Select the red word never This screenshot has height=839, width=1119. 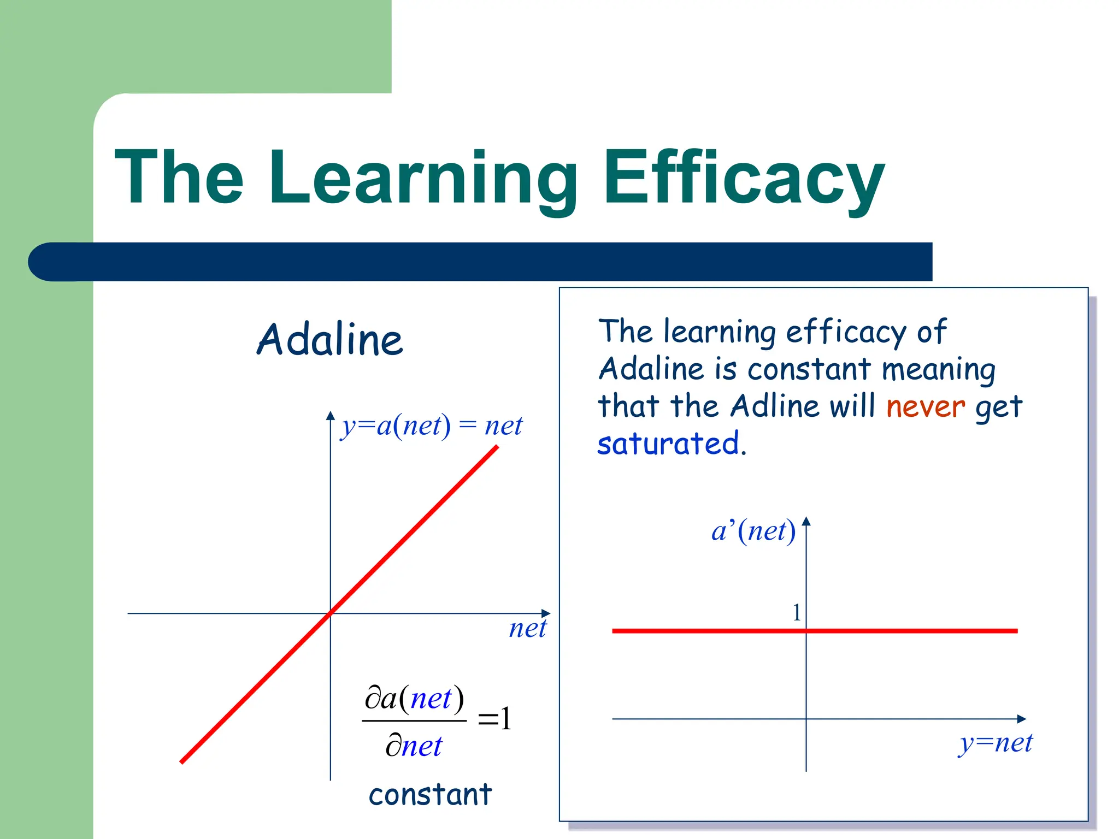[926, 407]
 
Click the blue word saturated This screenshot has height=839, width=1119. [668, 444]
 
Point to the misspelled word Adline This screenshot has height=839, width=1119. [775, 406]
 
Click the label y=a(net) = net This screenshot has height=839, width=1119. [432, 426]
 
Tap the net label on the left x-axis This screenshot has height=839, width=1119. [527, 628]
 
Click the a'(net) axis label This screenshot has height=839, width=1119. [753, 531]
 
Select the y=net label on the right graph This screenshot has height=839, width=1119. [996, 742]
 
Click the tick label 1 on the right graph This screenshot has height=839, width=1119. [797, 612]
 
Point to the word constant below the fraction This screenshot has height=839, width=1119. [430, 795]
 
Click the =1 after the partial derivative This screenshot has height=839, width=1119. [494, 718]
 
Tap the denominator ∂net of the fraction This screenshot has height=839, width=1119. [414, 746]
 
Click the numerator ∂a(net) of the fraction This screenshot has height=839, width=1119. [414, 698]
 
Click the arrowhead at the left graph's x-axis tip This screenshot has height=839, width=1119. [546, 613]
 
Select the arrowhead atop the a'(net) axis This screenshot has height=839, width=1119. [806, 521]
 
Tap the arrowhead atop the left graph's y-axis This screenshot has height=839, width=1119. [330, 416]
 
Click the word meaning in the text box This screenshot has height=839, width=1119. [938, 370]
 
